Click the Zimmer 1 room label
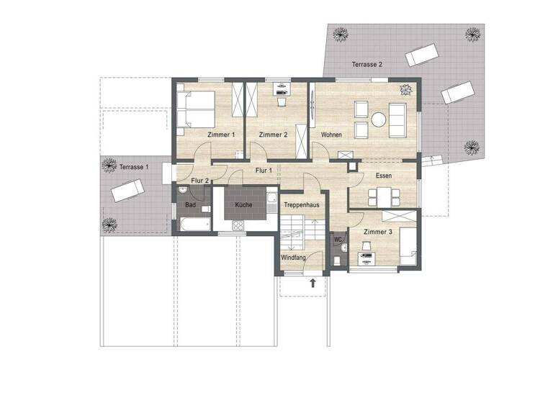221,135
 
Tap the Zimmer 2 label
273,135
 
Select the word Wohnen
331,135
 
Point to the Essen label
383,176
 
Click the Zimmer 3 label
377,232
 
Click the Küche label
243,205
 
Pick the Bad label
190,205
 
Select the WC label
337,240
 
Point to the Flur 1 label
263,171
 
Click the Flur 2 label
200,181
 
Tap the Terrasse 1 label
134,167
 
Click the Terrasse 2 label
367,65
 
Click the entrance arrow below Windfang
313,283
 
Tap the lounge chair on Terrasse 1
127,191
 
